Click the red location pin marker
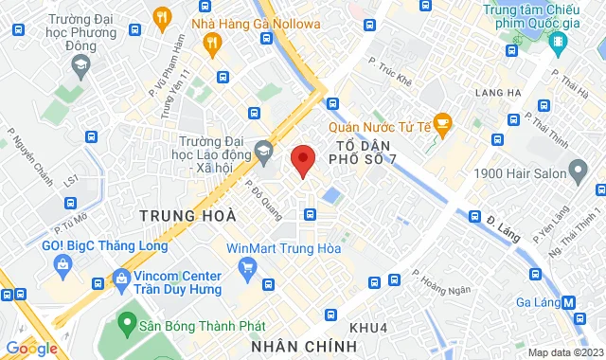point(302,160)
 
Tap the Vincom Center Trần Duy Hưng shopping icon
point(121,279)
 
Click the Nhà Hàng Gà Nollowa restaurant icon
point(211,42)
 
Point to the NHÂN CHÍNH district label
point(304,346)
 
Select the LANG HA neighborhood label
point(501,92)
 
